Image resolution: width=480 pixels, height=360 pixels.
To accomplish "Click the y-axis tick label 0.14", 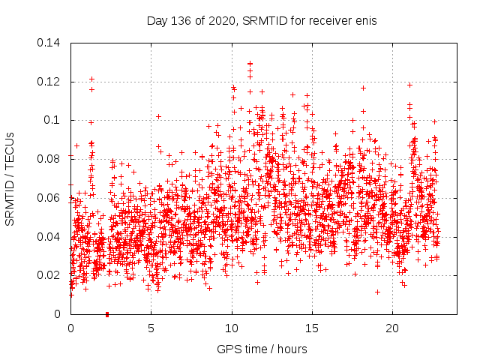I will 49,43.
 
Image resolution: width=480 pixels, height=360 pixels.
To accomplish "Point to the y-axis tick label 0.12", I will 49,82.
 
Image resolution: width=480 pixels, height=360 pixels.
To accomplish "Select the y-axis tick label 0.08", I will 49,159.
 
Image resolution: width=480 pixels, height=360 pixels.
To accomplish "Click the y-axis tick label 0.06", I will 49,198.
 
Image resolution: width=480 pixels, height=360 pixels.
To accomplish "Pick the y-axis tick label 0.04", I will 49,237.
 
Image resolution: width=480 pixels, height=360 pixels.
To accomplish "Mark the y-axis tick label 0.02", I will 49,275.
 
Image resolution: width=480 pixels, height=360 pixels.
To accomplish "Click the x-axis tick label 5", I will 151,328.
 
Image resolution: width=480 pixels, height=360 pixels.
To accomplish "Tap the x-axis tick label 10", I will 232,328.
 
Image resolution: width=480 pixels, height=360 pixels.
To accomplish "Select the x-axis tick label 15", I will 312,328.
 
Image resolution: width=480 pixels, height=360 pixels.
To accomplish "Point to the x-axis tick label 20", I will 392,328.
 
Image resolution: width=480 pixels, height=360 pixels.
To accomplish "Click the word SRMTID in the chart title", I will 259,20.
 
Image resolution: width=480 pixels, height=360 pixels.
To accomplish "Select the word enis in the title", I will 365,20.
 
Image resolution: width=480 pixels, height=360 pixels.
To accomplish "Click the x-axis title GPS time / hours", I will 262,349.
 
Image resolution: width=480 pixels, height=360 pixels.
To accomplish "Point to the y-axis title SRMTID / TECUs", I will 10,178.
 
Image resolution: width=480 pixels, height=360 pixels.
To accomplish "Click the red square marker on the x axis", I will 107,314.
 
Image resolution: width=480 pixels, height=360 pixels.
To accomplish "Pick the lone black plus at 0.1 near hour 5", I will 158,116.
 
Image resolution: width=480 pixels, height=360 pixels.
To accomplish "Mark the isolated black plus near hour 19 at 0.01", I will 377,292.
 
